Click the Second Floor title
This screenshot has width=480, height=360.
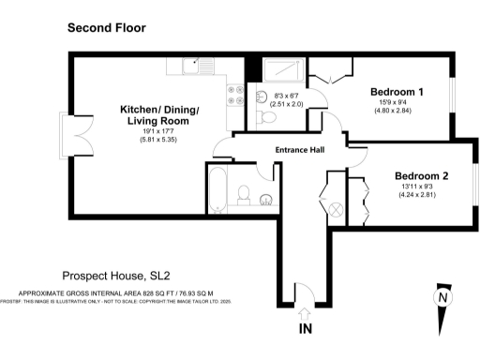click(x=106, y=29)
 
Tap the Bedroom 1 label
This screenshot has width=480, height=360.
click(x=397, y=92)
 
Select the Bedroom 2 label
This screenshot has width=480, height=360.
click(x=421, y=176)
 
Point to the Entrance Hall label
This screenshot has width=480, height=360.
click(x=300, y=151)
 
